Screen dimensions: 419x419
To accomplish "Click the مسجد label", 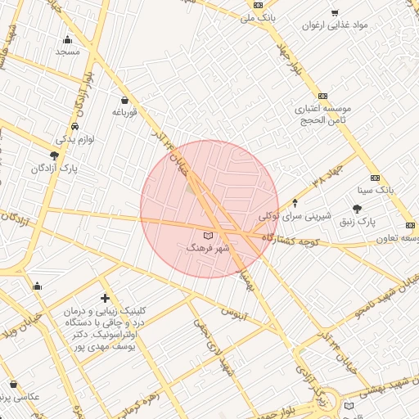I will tap(67, 52).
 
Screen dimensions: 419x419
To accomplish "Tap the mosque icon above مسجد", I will tap(67, 39).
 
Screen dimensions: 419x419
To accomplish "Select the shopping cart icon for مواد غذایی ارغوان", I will tap(334, 12).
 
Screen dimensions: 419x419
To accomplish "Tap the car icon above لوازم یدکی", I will tap(74, 127).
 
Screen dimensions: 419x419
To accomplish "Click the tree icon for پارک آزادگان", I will tap(54, 155).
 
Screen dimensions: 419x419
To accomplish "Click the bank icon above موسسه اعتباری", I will tap(322, 96).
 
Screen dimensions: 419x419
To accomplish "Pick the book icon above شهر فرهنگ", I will tap(207, 236).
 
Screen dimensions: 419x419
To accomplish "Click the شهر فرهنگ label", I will tap(208, 246).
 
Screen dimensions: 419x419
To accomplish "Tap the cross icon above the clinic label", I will tap(104, 299).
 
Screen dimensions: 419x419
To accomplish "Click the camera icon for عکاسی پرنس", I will tap(13, 384).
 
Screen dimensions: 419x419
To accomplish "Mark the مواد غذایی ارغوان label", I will tap(358, 25).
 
